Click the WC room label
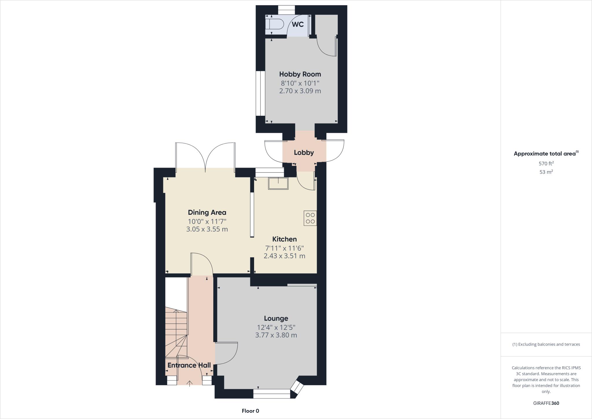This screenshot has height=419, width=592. pyautogui.click(x=298, y=24)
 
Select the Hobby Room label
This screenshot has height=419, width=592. pyautogui.click(x=300, y=74)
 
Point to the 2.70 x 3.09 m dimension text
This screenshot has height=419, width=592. pyautogui.click(x=300, y=91)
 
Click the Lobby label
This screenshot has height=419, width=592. pyautogui.click(x=304, y=152)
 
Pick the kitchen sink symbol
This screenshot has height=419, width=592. pyautogui.click(x=278, y=183)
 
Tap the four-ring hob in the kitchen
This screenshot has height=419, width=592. pyautogui.click(x=310, y=218)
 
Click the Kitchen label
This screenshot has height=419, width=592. pyautogui.click(x=284, y=239)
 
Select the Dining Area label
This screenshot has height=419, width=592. pyautogui.click(x=207, y=212)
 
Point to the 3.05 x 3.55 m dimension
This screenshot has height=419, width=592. pyautogui.click(x=207, y=229)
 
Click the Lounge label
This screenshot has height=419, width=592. pyautogui.click(x=276, y=318)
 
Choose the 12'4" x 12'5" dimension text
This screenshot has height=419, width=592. pyautogui.click(x=276, y=327)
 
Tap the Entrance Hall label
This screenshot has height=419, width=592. pyautogui.click(x=189, y=365)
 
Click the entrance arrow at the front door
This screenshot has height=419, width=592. pyautogui.click(x=190, y=383)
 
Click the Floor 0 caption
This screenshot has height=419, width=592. pyautogui.click(x=250, y=411)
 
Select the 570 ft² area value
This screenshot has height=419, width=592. pyautogui.click(x=546, y=163)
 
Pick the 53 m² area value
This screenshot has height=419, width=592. pyautogui.click(x=546, y=172)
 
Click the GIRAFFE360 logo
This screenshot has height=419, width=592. pyautogui.click(x=546, y=403)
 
